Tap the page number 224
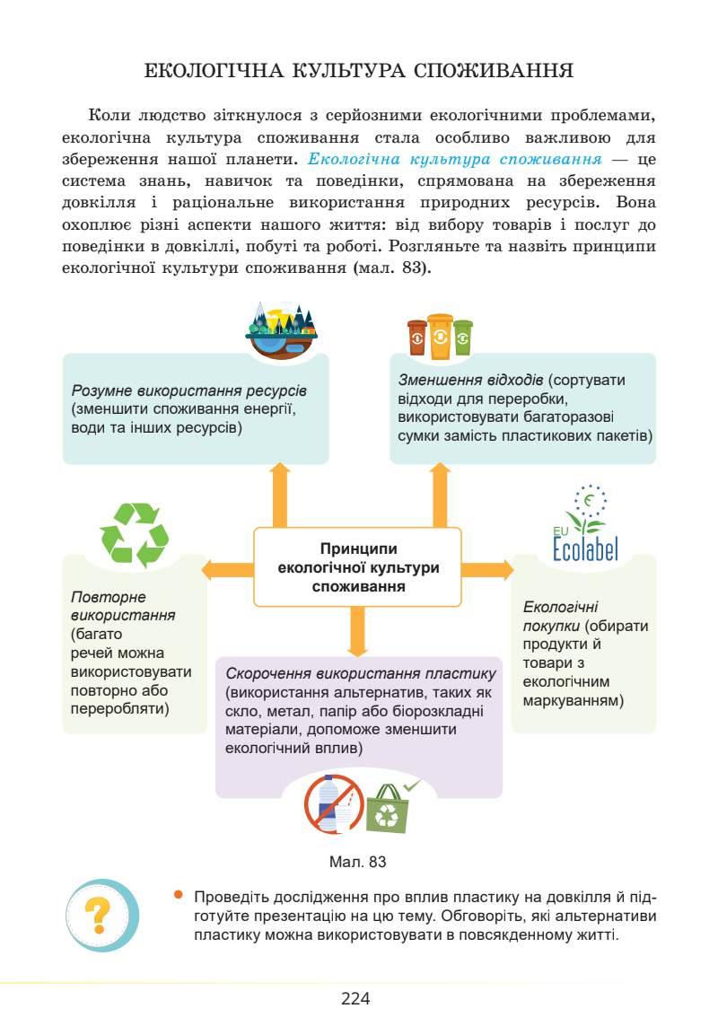356,998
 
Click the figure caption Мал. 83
358,862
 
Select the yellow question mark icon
102,915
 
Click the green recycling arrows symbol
135,535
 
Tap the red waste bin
417,338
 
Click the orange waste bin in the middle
441,336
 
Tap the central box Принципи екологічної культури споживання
358,567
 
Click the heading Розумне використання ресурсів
188,392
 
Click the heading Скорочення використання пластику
361,674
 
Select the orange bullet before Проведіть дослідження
179,894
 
